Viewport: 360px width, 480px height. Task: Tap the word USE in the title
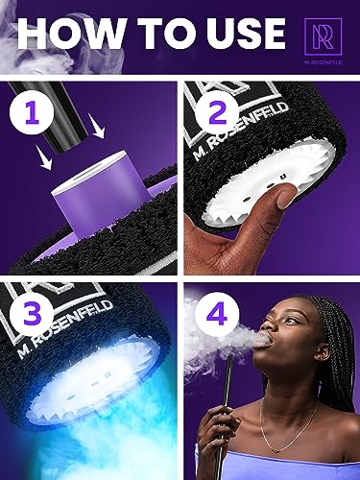[244, 34]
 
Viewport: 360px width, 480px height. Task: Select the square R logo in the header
[323, 36]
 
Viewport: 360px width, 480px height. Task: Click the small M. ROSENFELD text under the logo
[324, 62]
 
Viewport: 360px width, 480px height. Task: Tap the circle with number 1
[32, 113]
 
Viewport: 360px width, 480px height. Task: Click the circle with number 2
[218, 113]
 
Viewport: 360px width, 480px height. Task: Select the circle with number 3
[32, 314]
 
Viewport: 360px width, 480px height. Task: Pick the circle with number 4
[218, 314]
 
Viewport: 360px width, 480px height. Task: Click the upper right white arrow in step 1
[98, 127]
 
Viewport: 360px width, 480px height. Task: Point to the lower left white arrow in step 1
[45, 156]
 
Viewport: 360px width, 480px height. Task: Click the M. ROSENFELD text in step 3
[65, 329]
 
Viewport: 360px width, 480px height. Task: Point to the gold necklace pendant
[276, 450]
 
